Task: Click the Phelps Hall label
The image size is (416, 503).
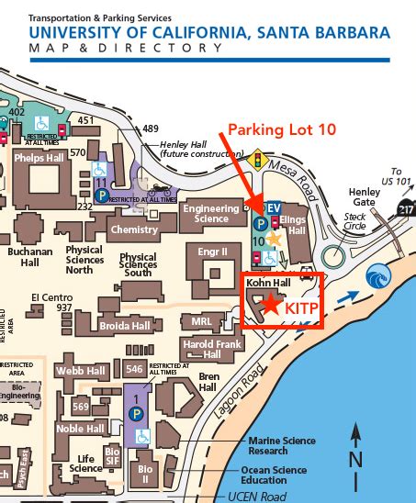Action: coord(38,157)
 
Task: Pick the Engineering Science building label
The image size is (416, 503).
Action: coord(211,214)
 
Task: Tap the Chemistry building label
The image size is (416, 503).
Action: coord(133,229)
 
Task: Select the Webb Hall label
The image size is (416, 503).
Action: coord(82,371)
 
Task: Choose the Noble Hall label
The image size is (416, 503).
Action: coord(81,428)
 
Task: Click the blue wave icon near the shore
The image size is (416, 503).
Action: coord(377,276)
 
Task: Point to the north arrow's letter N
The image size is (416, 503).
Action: coord(355,459)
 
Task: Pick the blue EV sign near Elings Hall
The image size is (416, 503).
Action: coord(274,209)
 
